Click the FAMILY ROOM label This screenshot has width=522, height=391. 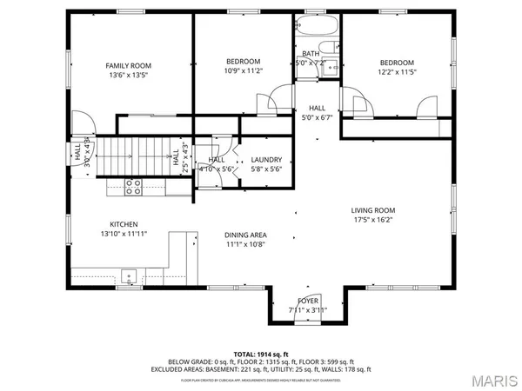128,65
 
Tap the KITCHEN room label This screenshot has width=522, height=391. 124,223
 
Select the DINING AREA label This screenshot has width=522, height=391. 246,235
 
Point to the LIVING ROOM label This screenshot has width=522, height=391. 373,210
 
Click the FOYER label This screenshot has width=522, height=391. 309,299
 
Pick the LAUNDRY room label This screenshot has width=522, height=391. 265,160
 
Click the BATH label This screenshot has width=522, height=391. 310,54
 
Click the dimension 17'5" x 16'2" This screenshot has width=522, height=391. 373,221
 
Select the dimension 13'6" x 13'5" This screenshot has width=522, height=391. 128,76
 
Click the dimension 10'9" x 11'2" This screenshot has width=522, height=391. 244,71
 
